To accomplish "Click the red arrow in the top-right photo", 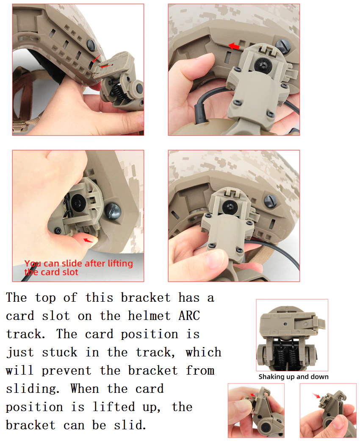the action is [x=234, y=46].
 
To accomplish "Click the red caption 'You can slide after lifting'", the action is [x=79, y=263].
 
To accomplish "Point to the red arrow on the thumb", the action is [x=88, y=241].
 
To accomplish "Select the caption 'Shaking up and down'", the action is [x=294, y=377].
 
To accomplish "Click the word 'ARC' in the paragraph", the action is [x=189, y=316].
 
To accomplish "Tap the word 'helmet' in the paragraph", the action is [x=149, y=316].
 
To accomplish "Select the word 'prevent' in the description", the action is [x=66, y=371].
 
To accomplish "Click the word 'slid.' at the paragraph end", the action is [x=130, y=425].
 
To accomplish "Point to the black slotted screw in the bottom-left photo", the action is [x=113, y=211].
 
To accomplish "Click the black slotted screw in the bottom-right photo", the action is [x=270, y=201].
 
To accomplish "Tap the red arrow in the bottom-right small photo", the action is [x=316, y=395].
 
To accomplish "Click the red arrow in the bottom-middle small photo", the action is [x=253, y=395].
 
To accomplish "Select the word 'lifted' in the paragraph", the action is [x=114, y=407].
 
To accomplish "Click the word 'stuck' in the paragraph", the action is [x=60, y=352].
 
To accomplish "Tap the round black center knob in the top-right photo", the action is [x=261, y=64].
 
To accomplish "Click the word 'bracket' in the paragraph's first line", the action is [x=146, y=298].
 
